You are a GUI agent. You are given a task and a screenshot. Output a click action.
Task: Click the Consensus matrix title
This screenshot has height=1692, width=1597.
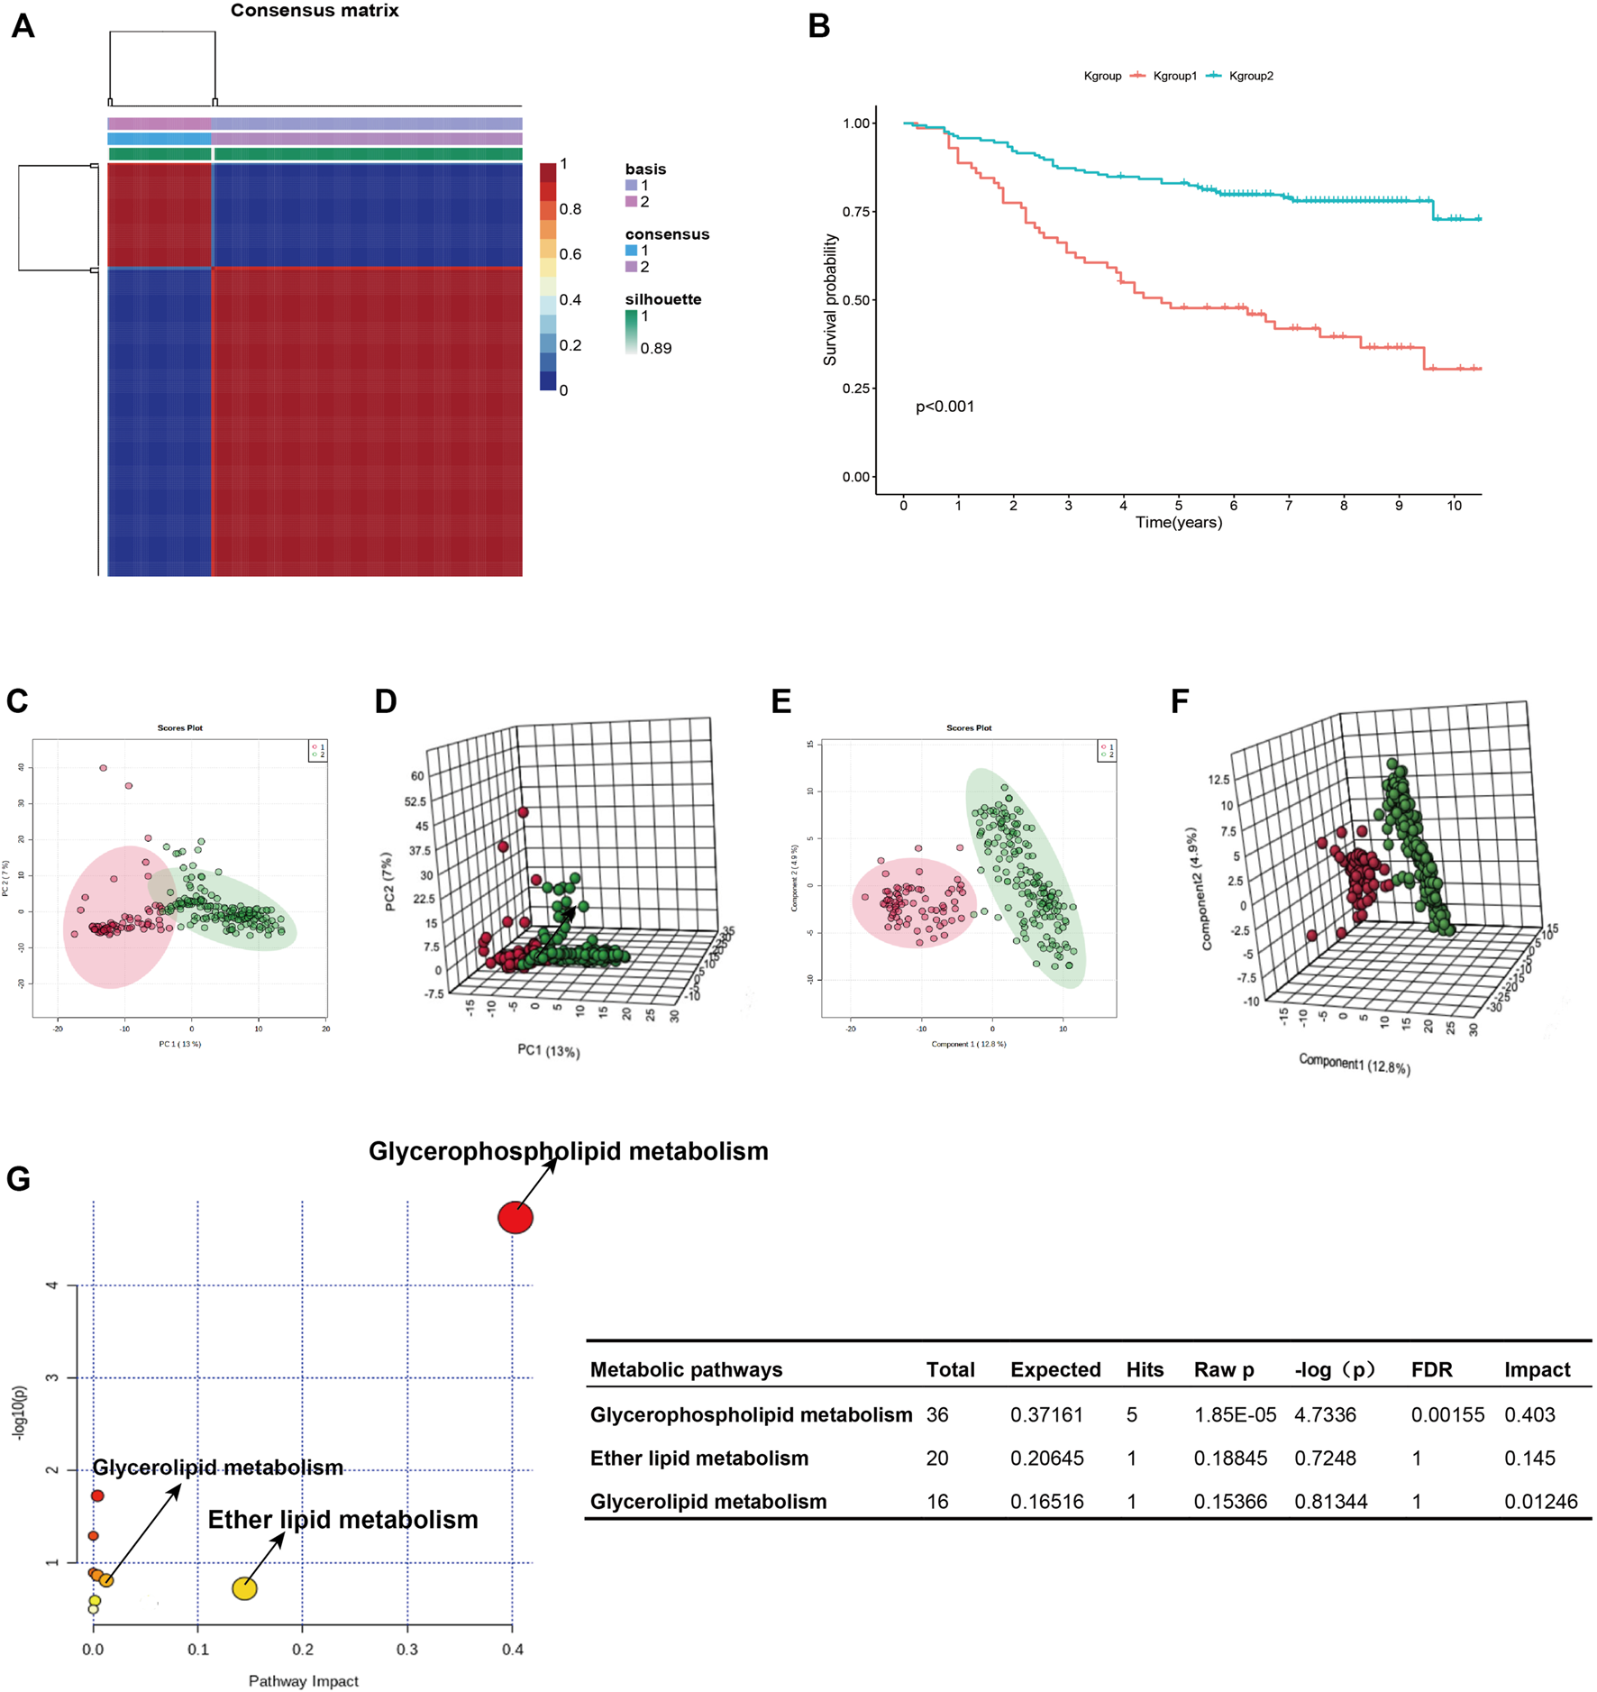pyautogui.click(x=315, y=11)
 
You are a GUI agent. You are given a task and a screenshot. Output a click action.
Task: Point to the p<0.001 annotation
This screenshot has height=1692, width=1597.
pyautogui.click(x=945, y=407)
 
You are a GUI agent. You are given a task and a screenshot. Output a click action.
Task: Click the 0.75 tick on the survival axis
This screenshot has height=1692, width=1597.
pyautogui.click(x=857, y=212)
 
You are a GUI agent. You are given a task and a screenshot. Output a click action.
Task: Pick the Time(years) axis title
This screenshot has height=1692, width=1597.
pyautogui.click(x=1178, y=523)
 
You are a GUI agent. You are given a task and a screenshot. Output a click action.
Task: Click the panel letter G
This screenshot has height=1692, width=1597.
pyautogui.click(x=18, y=1179)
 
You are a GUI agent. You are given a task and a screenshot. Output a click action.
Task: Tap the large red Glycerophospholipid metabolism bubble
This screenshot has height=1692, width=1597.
pyautogui.click(x=516, y=1218)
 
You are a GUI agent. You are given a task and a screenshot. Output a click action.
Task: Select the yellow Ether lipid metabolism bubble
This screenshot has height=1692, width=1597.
pyautogui.click(x=245, y=1588)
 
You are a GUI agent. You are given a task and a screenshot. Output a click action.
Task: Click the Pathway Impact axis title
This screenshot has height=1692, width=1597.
pyautogui.click(x=304, y=1681)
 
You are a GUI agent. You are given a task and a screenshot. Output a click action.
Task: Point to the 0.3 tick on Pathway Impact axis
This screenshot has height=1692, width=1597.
pyautogui.click(x=407, y=1650)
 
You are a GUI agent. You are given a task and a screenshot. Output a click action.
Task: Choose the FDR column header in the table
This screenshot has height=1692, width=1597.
pyautogui.click(x=1432, y=1370)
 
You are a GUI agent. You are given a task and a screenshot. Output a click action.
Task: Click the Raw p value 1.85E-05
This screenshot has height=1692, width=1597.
pyautogui.click(x=1235, y=1415)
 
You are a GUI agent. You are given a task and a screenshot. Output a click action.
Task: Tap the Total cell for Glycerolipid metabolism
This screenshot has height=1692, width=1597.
pyautogui.click(x=937, y=1502)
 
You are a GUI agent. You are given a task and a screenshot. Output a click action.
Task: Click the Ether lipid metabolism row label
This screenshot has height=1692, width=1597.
pyautogui.click(x=698, y=1459)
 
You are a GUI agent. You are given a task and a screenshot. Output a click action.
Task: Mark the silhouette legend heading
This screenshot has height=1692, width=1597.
pyautogui.click(x=662, y=299)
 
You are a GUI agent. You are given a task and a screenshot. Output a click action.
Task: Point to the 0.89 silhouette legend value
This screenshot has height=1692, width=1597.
pyautogui.click(x=655, y=349)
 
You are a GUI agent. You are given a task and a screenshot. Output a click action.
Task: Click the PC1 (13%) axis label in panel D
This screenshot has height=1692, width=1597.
pyautogui.click(x=548, y=1051)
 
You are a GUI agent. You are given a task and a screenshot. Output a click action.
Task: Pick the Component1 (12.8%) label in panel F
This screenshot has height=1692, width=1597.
pyautogui.click(x=1355, y=1064)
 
